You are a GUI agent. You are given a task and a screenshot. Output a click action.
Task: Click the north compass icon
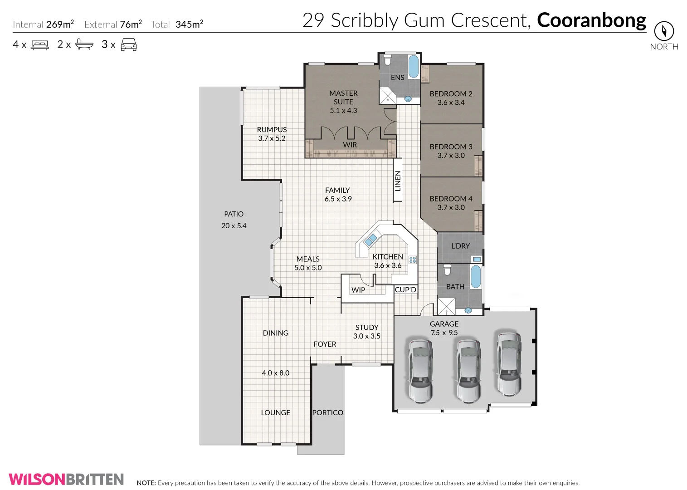664,31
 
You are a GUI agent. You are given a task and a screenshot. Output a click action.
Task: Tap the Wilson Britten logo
66,479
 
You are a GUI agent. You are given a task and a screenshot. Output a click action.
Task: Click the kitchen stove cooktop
413,260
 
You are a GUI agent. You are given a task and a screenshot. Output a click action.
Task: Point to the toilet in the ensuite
388,60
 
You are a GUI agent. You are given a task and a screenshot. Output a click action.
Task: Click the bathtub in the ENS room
413,67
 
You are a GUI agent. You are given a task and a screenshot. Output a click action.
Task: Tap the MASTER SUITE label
343,98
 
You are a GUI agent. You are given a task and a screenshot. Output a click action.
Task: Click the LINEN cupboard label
398,181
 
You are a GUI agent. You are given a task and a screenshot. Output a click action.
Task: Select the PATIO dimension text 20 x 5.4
234,225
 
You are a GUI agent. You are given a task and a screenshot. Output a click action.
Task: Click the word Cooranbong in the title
591,20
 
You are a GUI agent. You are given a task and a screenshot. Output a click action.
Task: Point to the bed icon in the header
39,45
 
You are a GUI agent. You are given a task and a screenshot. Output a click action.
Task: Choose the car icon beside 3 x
129,44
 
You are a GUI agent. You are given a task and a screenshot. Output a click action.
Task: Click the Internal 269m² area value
60,24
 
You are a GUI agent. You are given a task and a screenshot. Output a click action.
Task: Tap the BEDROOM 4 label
451,199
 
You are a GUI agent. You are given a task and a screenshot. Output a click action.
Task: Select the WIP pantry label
358,290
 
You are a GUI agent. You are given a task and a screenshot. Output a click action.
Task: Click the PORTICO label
327,412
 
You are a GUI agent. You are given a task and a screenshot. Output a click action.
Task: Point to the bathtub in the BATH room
475,277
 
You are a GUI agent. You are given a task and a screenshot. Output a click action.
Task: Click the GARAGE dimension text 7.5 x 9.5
444,333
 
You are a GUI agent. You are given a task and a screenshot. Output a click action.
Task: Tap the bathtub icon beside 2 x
84,44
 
